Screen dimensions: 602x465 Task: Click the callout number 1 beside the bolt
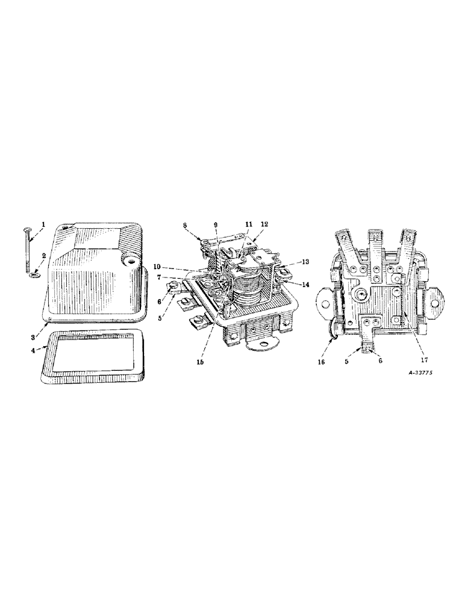43,225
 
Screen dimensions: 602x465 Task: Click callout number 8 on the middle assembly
185,225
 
